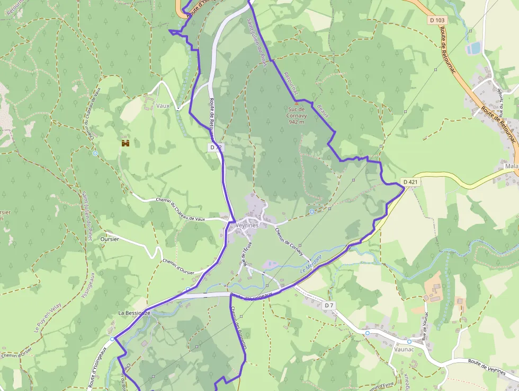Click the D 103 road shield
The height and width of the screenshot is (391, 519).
tap(437, 20)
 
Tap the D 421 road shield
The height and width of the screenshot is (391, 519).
tap(410, 182)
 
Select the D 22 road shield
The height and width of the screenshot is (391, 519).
tap(214, 147)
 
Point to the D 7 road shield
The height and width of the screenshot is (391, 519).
tap(329, 305)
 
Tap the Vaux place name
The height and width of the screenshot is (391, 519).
tap(163, 106)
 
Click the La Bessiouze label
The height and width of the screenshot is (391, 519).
tap(134, 314)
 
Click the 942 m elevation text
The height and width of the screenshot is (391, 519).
tap(297, 122)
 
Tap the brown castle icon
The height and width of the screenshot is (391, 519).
tap(126, 143)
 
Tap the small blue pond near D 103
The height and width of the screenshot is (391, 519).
tap(473, 48)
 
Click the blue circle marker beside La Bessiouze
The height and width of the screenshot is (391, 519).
tap(112, 338)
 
